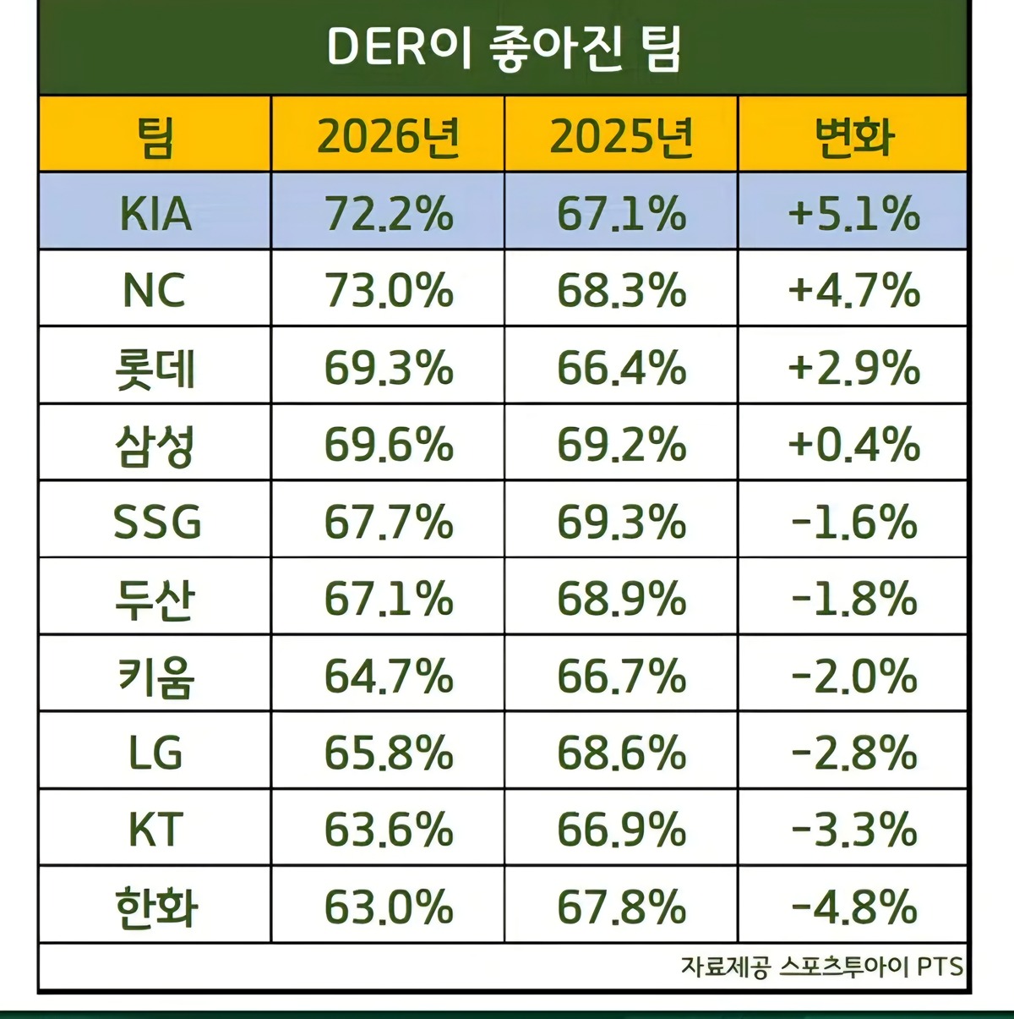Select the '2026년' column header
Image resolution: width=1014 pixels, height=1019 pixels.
(x=388, y=135)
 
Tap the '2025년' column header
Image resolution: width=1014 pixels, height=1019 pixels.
(x=621, y=135)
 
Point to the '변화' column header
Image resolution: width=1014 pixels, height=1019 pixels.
(x=853, y=135)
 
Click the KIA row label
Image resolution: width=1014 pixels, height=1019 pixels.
(x=155, y=213)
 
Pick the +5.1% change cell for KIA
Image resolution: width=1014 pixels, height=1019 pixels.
(x=853, y=213)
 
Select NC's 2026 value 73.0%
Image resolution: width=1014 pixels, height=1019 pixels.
(x=388, y=291)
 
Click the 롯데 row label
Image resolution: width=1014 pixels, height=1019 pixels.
(x=155, y=369)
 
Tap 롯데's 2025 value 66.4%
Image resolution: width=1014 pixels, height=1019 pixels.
(x=621, y=369)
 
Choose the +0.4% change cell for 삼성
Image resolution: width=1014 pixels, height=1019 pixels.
(x=853, y=445)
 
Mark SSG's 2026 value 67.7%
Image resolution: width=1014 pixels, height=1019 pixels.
(x=388, y=522)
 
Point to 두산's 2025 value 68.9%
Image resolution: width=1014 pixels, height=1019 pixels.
(x=621, y=599)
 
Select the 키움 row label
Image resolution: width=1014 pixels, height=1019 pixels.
(x=155, y=677)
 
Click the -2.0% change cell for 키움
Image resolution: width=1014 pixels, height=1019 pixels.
(x=853, y=677)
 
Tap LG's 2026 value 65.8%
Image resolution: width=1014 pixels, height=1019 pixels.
(x=388, y=753)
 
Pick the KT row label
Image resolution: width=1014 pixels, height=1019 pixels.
(x=155, y=830)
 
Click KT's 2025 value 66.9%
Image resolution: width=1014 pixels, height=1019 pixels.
(x=621, y=830)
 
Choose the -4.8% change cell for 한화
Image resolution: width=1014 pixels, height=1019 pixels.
(x=853, y=907)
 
